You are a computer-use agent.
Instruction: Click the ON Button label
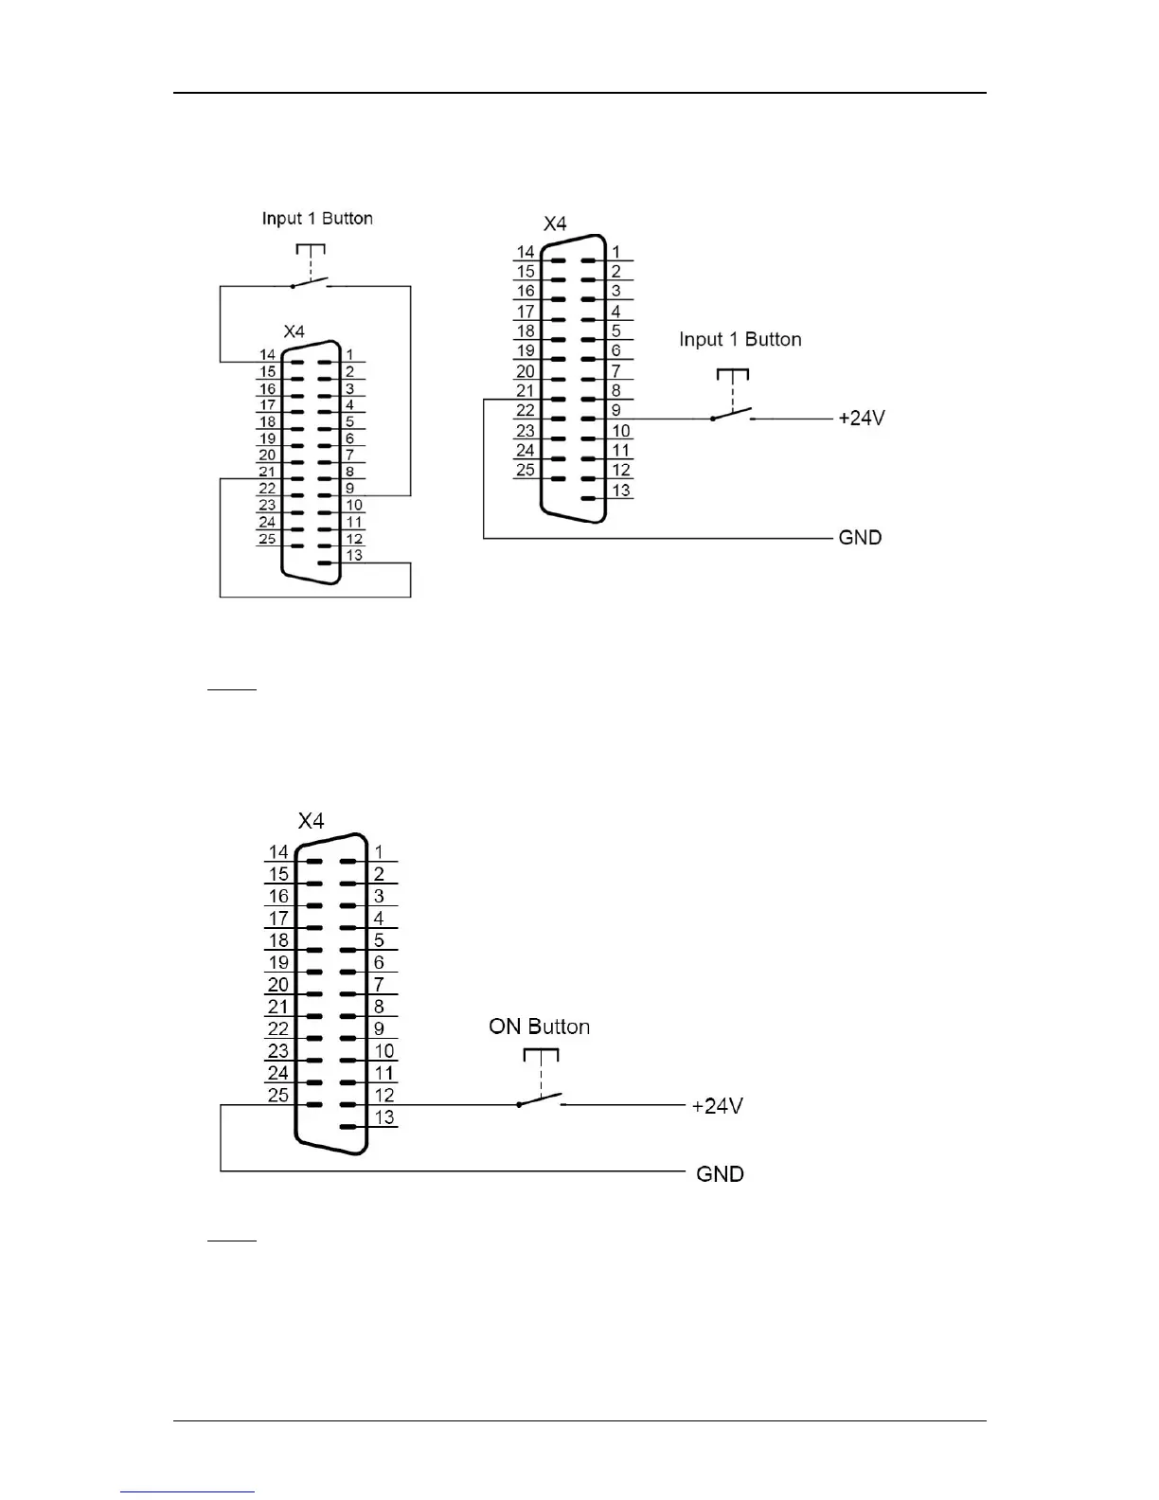click(x=539, y=1027)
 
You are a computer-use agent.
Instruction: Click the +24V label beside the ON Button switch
click(x=717, y=1105)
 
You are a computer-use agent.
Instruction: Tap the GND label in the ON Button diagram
click(x=720, y=1173)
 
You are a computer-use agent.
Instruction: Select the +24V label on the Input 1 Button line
click(x=861, y=418)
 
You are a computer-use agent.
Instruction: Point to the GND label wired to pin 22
click(x=860, y=537)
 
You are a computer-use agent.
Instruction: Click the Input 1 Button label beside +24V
click(x=740, y=339)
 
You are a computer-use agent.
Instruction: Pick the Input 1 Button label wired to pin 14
click(x=317, y=218)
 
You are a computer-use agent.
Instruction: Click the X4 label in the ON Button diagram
click(x=311, y=821)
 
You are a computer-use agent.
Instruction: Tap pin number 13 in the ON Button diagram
click(x=383, y=1116)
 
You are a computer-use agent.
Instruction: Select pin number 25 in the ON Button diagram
click(x=277, y=1095)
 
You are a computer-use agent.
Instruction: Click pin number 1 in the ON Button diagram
click(x=379, y=852)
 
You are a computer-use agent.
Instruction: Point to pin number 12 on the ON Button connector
click(x=383, y=1095)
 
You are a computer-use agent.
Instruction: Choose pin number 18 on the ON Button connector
click(x=277, y=940)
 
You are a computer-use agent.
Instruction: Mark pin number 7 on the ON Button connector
click(x=379, y=985)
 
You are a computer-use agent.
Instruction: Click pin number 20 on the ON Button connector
click(x=277, y=985)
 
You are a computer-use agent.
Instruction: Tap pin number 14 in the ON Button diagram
click(x=277, y=852)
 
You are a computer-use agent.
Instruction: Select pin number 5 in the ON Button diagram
click(x=379, y=940)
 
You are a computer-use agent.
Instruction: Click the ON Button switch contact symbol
click(x=540, y=1100)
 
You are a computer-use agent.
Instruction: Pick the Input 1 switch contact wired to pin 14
click(x=311, y=281)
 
